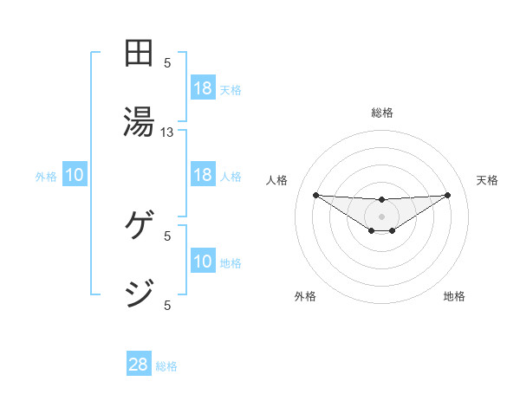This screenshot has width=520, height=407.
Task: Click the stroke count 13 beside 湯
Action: click(x=167, y=132)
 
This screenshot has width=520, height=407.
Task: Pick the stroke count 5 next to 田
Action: click(x=168, y=63)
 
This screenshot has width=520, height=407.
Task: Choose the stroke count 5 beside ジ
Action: click(x=168, y=304)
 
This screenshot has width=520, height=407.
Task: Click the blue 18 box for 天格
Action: click(x=203, y=88)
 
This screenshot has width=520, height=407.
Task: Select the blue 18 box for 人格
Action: click(x=203, y=175)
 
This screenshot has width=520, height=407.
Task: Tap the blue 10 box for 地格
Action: click(x=203, y=262)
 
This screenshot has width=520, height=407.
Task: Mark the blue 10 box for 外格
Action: click(x=75, y=176)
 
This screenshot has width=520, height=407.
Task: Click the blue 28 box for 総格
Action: click(x=139, y=365)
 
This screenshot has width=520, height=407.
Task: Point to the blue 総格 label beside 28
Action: click(x=166, y=366)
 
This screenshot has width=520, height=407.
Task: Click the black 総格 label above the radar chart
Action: click(x=382, y=113)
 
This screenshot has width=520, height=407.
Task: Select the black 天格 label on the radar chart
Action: click(x=488, y=180)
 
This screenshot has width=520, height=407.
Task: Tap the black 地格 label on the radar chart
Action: click(x=454, y=296)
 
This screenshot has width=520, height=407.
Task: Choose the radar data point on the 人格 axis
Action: click(x=315, y=195)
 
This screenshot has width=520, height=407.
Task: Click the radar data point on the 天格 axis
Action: click(x=448, y=195)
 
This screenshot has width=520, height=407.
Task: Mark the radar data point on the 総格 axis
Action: click(x=382, y=200)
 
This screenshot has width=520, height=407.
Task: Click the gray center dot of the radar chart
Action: click(x=382, y=216)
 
